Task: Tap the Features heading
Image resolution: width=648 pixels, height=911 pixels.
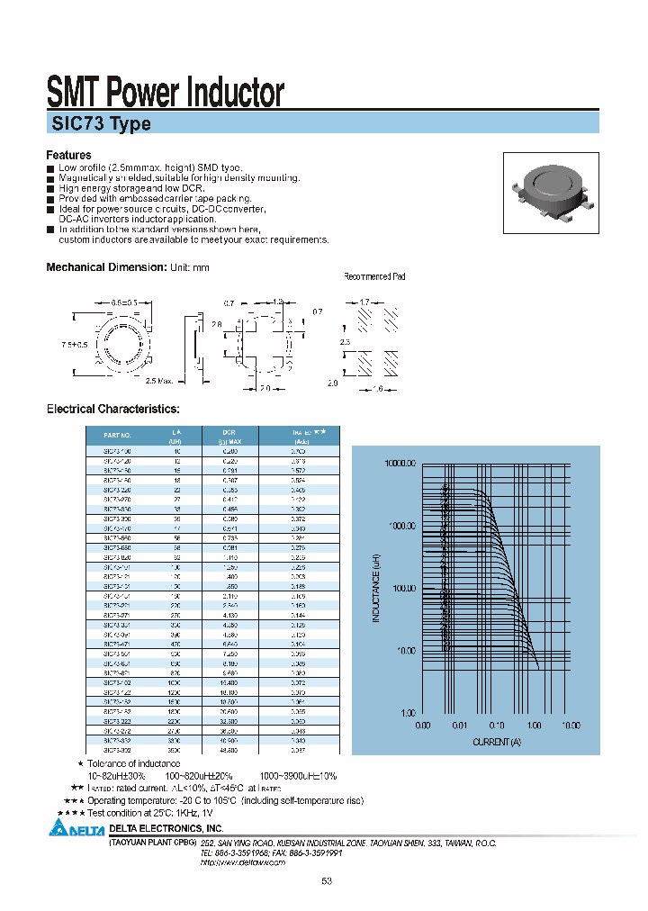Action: (69, 155)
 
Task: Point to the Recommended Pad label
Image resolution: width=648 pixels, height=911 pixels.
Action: (374, 276)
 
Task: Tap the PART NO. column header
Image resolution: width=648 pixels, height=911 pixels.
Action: (118, 433)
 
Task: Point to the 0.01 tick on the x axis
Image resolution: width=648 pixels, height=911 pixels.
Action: (460, 725)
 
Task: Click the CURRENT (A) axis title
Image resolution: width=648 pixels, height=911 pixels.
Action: (497, 742)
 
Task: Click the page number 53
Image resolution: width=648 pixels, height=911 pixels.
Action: (326, 880)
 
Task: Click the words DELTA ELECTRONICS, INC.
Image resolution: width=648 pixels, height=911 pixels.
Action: (166, 827)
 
